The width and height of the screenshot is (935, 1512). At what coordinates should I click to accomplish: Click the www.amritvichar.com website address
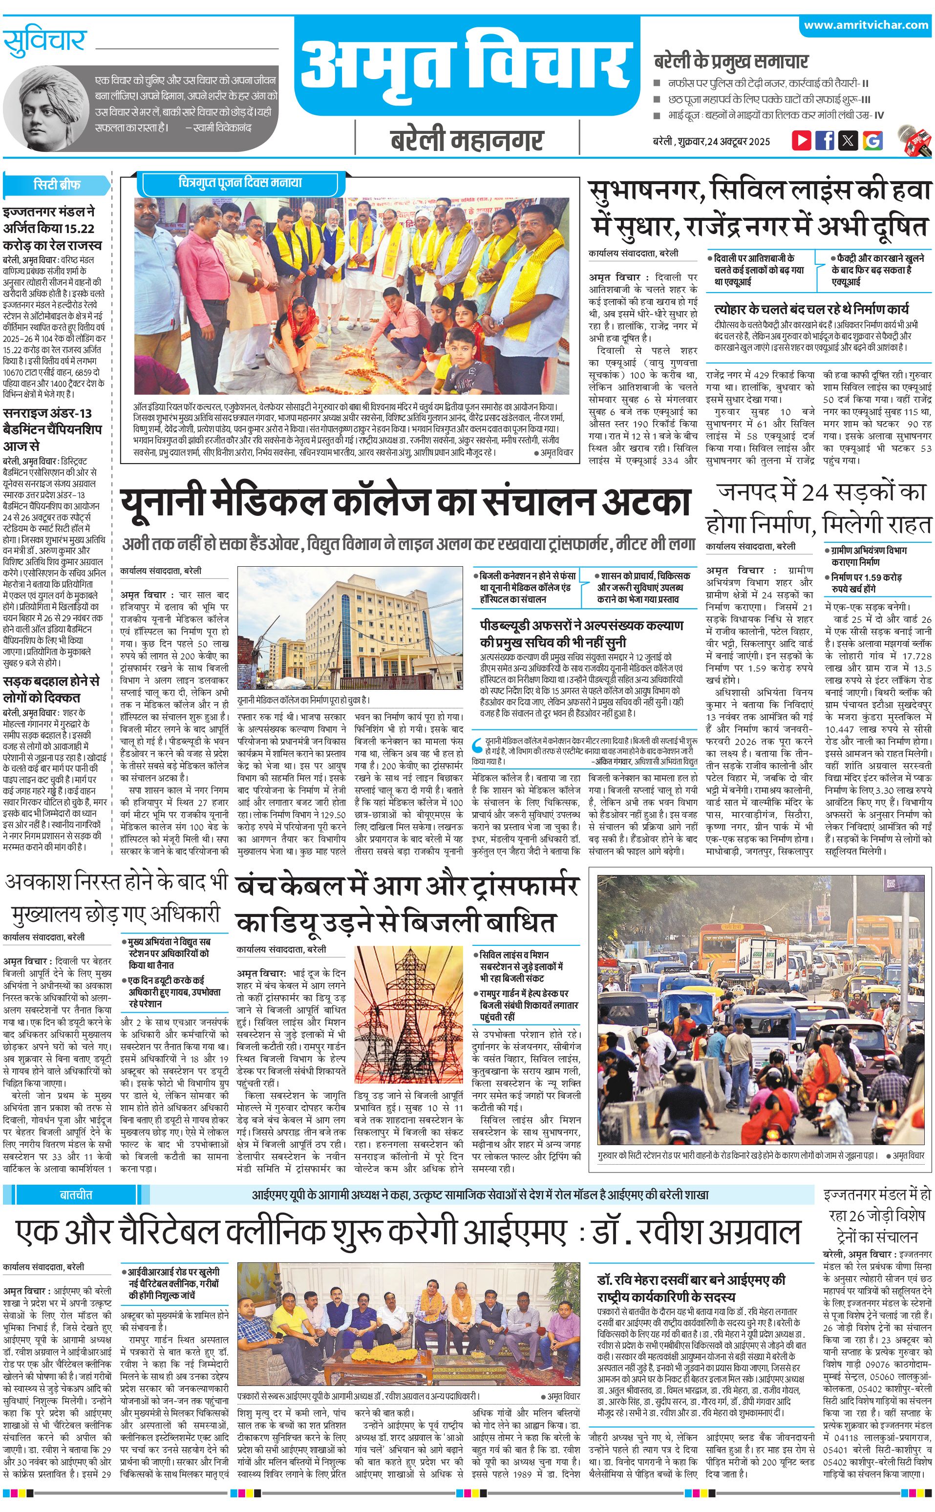[866, 25]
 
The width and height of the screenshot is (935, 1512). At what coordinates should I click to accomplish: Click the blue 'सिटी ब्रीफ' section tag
[57, 185]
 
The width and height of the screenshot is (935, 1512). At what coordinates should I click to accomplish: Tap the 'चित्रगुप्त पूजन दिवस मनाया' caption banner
[240, 184]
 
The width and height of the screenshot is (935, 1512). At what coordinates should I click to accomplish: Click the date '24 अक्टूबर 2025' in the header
[739, 142]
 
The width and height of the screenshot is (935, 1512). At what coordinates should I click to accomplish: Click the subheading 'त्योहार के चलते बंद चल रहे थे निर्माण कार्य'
[811, 309]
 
